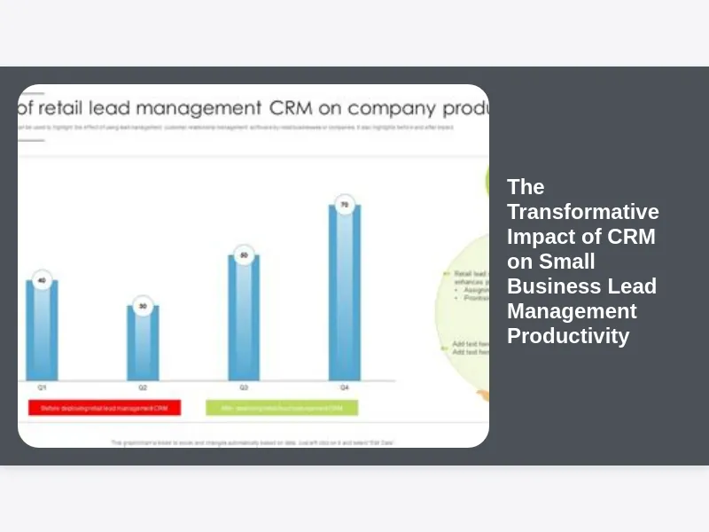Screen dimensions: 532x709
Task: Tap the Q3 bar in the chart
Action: (244, 319)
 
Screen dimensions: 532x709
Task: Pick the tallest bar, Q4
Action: (345, 293)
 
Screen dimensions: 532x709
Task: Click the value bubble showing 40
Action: (42, 281)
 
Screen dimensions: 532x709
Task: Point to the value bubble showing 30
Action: (143, 307)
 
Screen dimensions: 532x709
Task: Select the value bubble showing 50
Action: (244, 255)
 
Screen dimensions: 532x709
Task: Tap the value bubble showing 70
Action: (345, 205)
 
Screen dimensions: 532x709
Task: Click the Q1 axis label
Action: (42, 388)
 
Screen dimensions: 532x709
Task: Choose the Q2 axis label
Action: (143, 388)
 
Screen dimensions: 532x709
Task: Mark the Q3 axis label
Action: (244, 388)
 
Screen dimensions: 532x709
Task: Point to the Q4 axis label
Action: (345, 388)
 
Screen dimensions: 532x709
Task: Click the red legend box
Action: (104, 408)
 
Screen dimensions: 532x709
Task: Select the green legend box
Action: (282, 408)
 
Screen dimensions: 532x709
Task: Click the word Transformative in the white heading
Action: (583, 212)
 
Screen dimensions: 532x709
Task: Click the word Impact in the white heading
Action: (535, 237)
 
